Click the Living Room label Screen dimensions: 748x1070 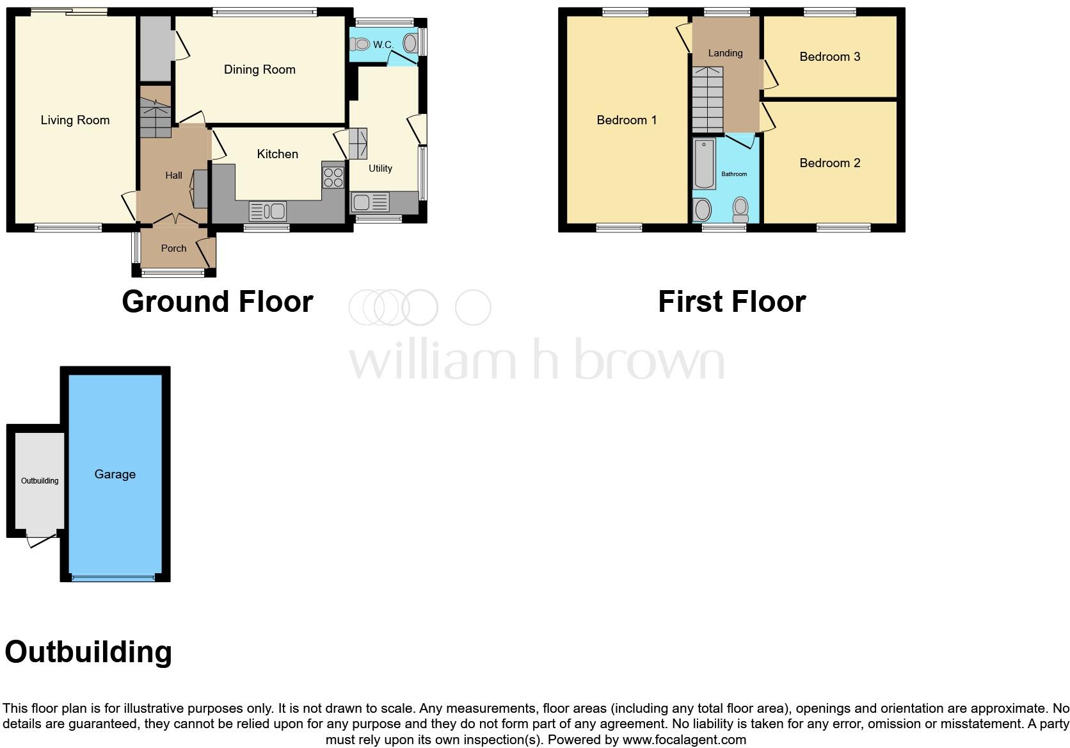tap(75, 120)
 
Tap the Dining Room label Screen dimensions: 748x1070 tap(259, 70)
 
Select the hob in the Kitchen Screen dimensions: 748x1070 tap(333, 177)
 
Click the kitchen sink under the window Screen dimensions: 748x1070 tap(267, 210)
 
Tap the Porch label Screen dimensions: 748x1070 tap(173, 248)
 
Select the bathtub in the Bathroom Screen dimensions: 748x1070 tap(704, 163)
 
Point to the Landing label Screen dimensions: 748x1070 tap(725, 53)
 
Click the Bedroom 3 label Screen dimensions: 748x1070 tap(829, 57)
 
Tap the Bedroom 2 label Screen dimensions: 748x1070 tap(829, 163)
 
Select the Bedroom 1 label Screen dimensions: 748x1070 tap(626, 120)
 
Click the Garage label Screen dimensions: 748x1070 tap(115, 475)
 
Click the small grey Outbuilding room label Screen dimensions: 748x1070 tap(40, 481)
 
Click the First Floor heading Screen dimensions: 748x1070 tap(731, 302)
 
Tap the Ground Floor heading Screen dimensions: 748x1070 tap(217, 302)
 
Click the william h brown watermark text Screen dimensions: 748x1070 tap(536, 360)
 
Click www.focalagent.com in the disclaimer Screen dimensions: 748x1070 tap(684, 740)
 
